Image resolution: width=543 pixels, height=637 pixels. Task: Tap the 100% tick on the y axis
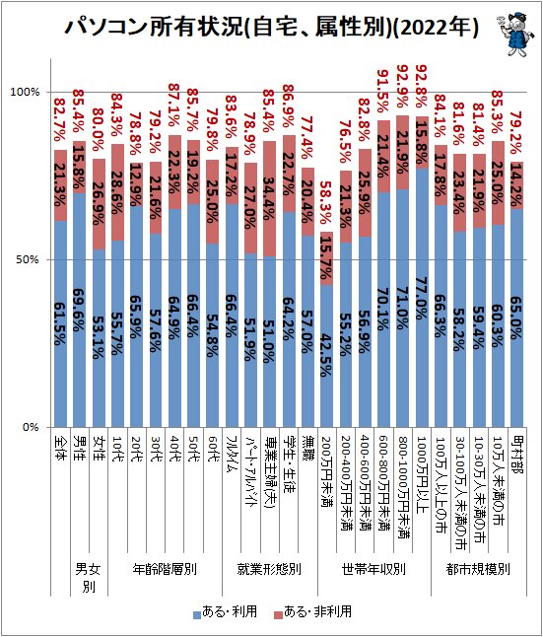[24, 92]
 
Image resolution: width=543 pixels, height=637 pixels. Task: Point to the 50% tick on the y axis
[27, 259]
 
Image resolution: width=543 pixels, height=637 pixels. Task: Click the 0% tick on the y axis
[30, 427]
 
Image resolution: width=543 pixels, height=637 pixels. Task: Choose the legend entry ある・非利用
[315, 612]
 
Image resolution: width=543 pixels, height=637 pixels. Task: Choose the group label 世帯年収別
[374, 570]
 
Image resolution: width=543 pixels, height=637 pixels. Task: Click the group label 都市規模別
[478, 570]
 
